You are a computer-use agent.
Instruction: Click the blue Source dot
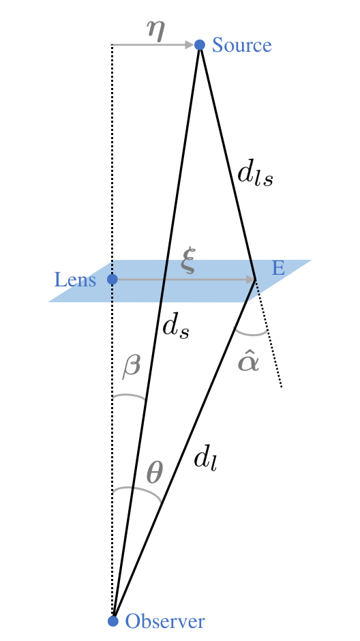[x=200, y=45]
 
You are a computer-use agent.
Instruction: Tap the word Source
[x=242, y=46]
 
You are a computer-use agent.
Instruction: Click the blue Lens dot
[x=112, y=280]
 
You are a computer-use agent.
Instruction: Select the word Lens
[x=75, y=280]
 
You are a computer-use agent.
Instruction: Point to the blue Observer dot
[x=114, y=621]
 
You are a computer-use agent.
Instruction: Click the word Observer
[x=165, y=621]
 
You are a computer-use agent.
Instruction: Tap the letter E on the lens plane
[x=278, y=268]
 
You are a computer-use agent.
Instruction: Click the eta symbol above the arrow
[x=156, y=31]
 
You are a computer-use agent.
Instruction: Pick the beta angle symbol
[x=131, y=366]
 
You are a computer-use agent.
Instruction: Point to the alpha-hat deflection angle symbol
[x=248, y=359]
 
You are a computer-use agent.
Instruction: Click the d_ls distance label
[x=255, y=175]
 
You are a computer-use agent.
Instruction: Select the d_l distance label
[x=205, y=459]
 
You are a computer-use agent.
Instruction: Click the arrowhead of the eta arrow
[x=190, y=45]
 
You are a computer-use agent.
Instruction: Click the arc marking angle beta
[x=130, y=396]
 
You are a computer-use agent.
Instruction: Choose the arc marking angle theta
[x=138, y=490]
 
